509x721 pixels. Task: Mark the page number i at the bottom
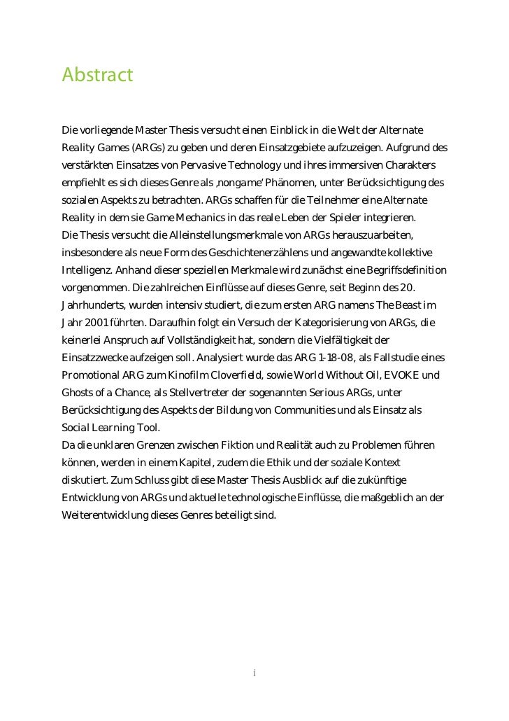click(x=254, y=673)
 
